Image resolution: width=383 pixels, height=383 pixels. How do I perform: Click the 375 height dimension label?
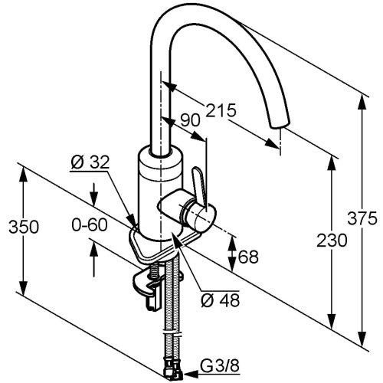(362, 218)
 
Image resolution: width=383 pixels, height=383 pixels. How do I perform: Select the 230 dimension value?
(332, 241)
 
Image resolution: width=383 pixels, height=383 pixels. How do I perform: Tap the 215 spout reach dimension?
(221, 110)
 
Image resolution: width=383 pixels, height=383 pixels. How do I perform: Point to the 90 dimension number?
(190, 119)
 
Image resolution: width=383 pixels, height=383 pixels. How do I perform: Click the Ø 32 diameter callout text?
(90, 162)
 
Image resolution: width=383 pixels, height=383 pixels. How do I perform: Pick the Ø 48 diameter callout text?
(221, 300)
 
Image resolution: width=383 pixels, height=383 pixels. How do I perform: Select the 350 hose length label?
(24, 227)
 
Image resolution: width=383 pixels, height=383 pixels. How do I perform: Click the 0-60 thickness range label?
(90, 225)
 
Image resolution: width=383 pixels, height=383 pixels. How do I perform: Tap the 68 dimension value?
(248, 257)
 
